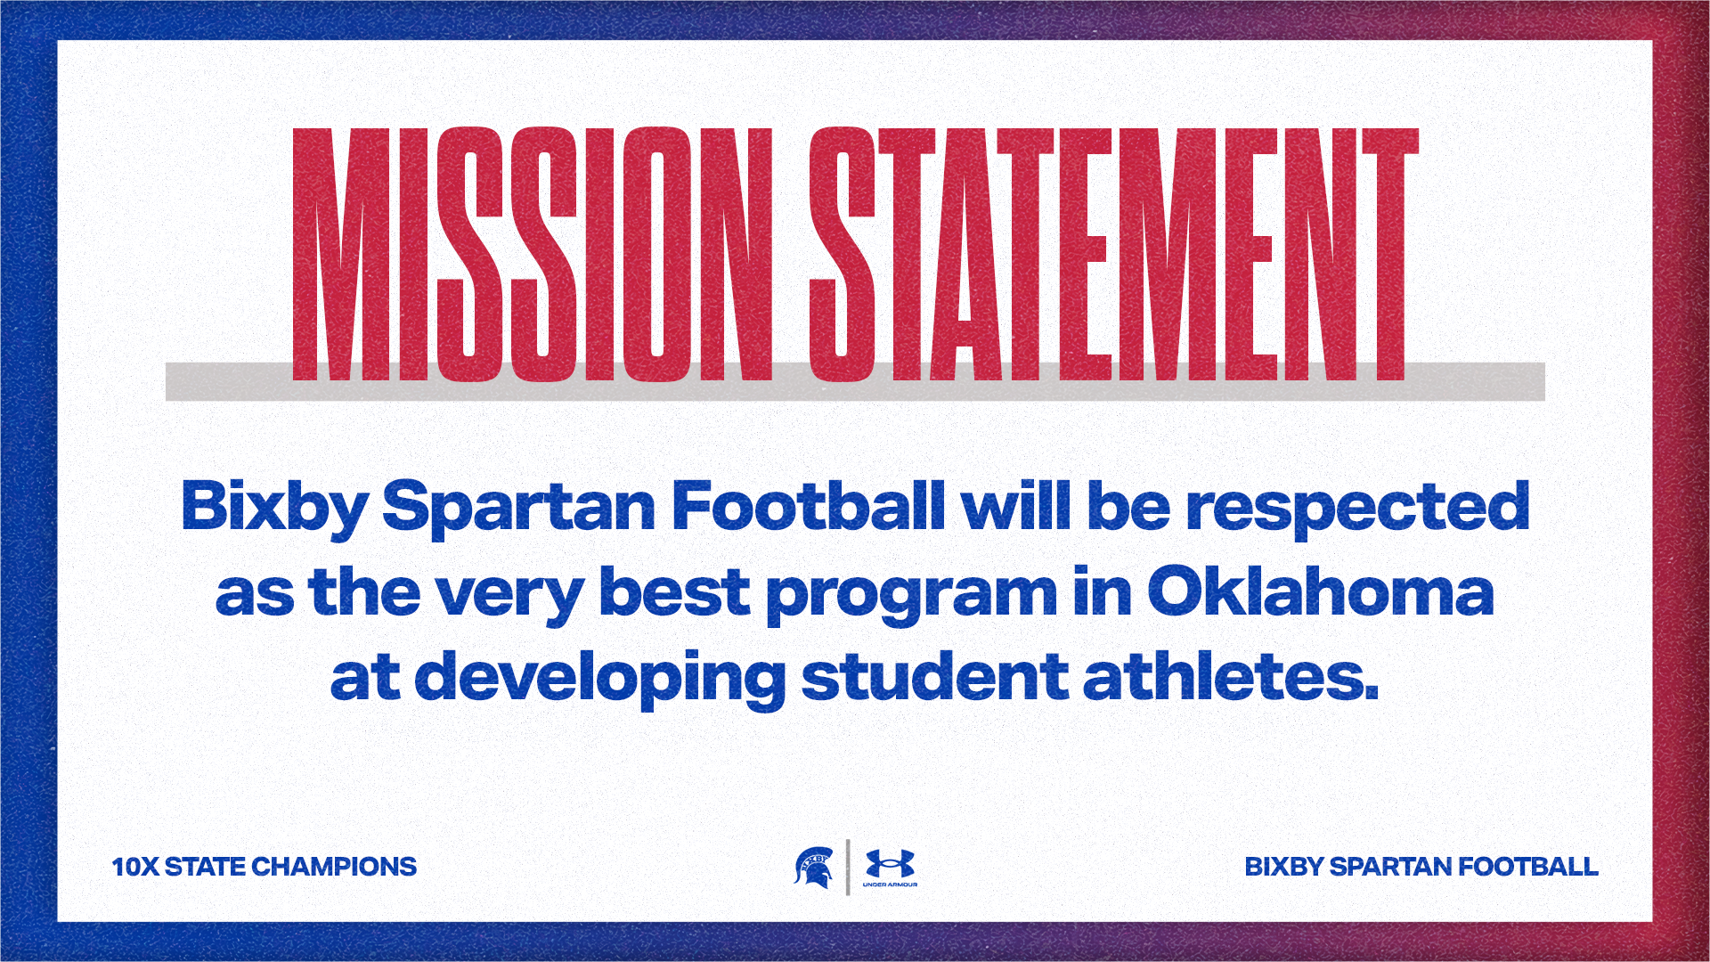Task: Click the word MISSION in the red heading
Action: point(533,255)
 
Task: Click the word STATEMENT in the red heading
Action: point(1113,255)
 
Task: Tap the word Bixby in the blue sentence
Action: point(274,508)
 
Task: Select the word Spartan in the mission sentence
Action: point(519,508)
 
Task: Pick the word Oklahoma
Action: point(1321,591)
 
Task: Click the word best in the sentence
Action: point(675,591)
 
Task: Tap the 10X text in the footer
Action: point(134,867)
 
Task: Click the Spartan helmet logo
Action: point(813,868)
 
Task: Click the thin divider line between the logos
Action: point(848,867)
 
